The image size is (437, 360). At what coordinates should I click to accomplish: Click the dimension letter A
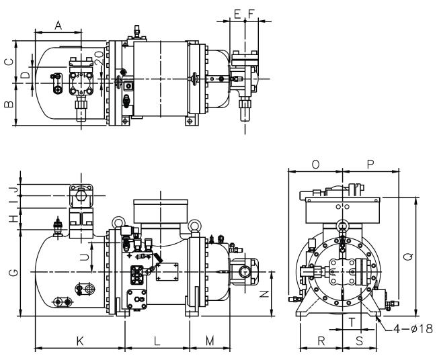tap(58, 26)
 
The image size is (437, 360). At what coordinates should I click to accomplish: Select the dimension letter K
tap(80, 341)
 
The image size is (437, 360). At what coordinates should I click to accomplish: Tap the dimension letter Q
tap(408, 257)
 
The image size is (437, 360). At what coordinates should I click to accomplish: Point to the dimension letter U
tap(84, 257)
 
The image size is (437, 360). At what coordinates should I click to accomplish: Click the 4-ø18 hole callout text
tap(413, 329)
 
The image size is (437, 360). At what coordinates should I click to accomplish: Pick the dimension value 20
tap(100, 58)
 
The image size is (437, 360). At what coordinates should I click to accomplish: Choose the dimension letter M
tap(210, 341)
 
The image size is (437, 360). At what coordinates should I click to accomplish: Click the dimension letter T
tap(352, 322)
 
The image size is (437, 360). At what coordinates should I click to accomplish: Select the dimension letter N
tap(264, 294)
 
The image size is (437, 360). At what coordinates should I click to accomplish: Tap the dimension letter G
tap(13, 273)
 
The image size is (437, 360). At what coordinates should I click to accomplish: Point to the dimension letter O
tap(315, 165)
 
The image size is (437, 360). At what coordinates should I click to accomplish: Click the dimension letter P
tap(370, 165)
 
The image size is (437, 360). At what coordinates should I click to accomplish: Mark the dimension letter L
tap(157, 341)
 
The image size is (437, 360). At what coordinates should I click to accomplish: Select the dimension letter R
tap(321, 341)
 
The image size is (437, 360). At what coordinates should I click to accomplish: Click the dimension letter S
tap(360, 341)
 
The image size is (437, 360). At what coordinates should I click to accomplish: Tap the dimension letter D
tap(26, 75)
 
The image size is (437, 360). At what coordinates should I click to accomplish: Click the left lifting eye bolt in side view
tap(117, 223)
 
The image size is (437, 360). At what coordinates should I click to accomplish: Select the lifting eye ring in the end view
tap(342, 225)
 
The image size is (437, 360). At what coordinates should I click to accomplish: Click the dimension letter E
tap(237, 14)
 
